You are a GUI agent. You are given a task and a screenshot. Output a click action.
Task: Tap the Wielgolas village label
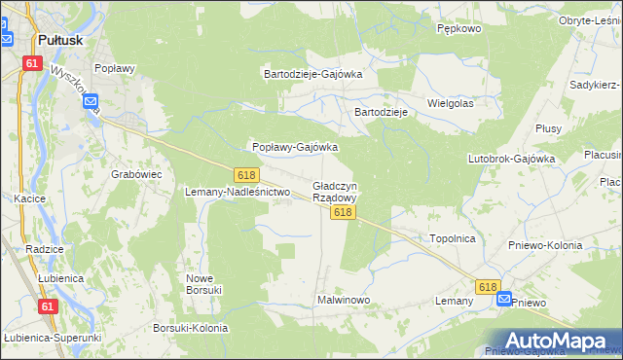click(450, 102)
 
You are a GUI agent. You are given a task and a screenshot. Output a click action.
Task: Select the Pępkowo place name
click(459, 29)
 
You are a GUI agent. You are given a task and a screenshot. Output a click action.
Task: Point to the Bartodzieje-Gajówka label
click(313, 73)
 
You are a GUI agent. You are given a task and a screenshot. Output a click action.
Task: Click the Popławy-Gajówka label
click(295, 147)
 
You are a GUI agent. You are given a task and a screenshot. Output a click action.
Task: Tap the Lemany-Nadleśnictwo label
click(238, 192)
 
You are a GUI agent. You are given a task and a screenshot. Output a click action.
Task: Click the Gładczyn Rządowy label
click(335, 192)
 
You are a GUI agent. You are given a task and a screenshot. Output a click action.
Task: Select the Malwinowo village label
click(344, 300)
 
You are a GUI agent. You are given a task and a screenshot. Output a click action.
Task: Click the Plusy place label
click(548, 128)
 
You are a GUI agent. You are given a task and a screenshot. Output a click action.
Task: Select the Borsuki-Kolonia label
click(191, 328)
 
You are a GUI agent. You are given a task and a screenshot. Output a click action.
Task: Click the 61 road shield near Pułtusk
click(33, 63)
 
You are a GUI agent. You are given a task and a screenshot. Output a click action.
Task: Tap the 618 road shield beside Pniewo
click(488, 287)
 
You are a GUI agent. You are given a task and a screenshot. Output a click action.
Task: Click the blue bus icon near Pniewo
click(504, 300)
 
